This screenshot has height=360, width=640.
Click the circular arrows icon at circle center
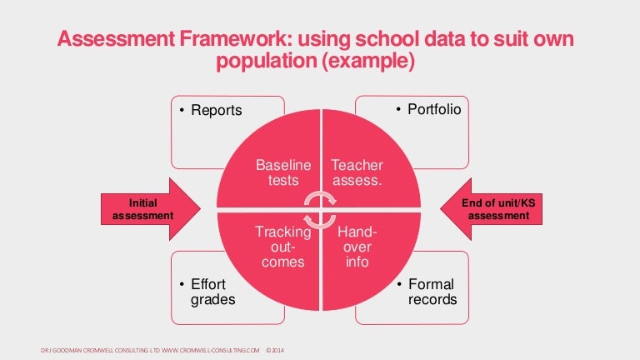pyautogui.click(x=320, y=209)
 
